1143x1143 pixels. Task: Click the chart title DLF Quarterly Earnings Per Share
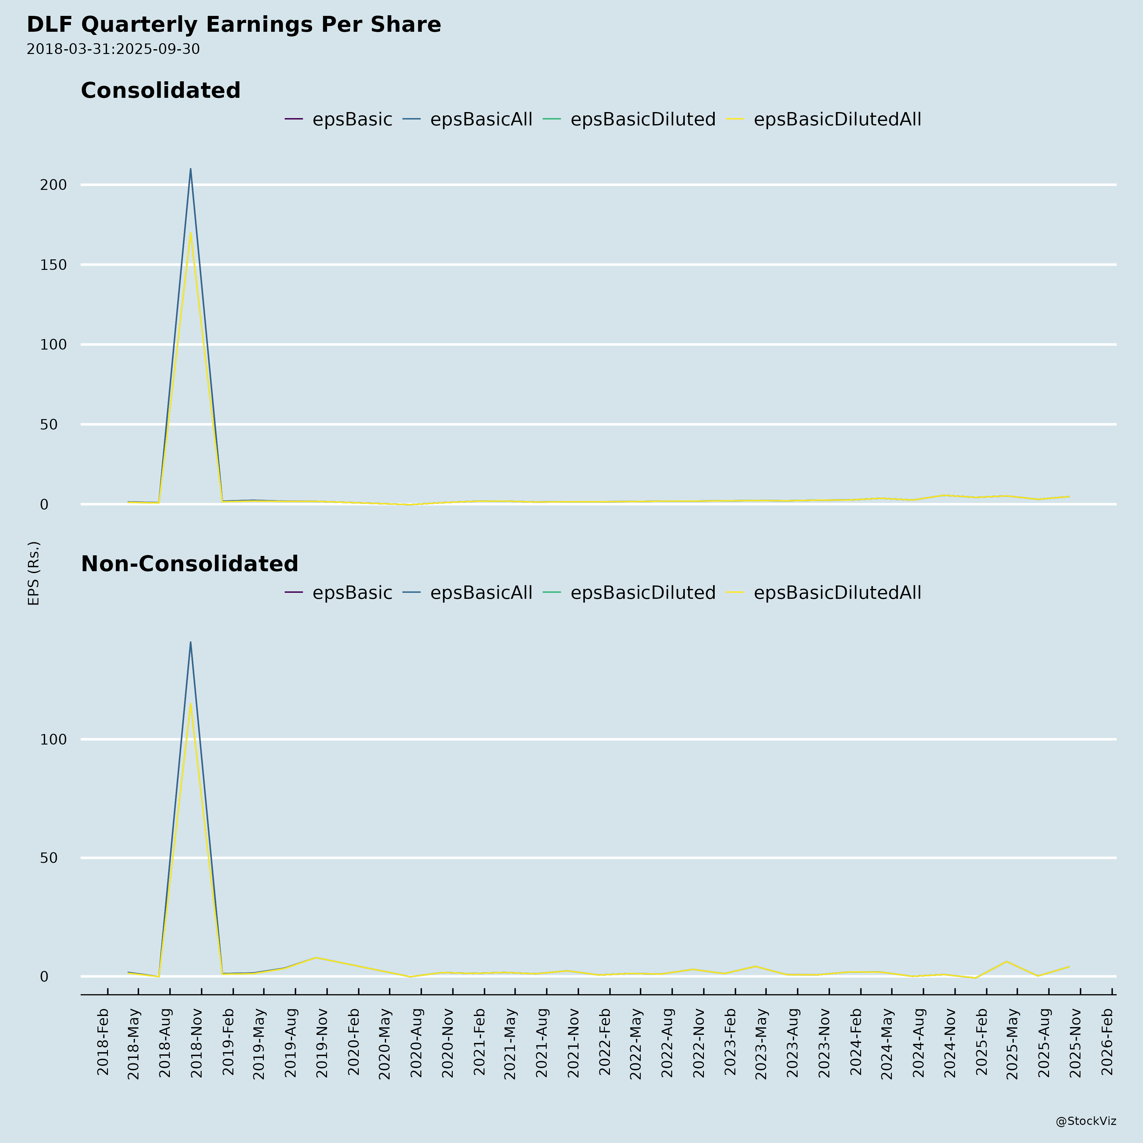click(x=234, y=25)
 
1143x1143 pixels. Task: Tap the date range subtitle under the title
click(x=113, y=49)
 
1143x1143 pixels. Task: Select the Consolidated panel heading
click(x=160, y=90)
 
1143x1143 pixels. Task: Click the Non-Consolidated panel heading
click(x=189, y=564)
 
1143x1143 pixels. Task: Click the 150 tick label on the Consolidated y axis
click(x=53, y=265)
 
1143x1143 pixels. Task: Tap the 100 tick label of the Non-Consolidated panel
click(x=53, y=739)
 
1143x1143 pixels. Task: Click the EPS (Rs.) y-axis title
click(x=34, y=573)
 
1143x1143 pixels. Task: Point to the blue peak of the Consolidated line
click(x=190, y=169)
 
